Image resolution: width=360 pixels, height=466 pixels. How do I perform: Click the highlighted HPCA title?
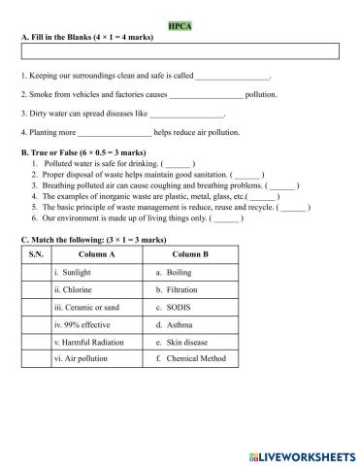180,28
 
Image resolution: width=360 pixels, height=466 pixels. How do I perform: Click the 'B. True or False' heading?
69,152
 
